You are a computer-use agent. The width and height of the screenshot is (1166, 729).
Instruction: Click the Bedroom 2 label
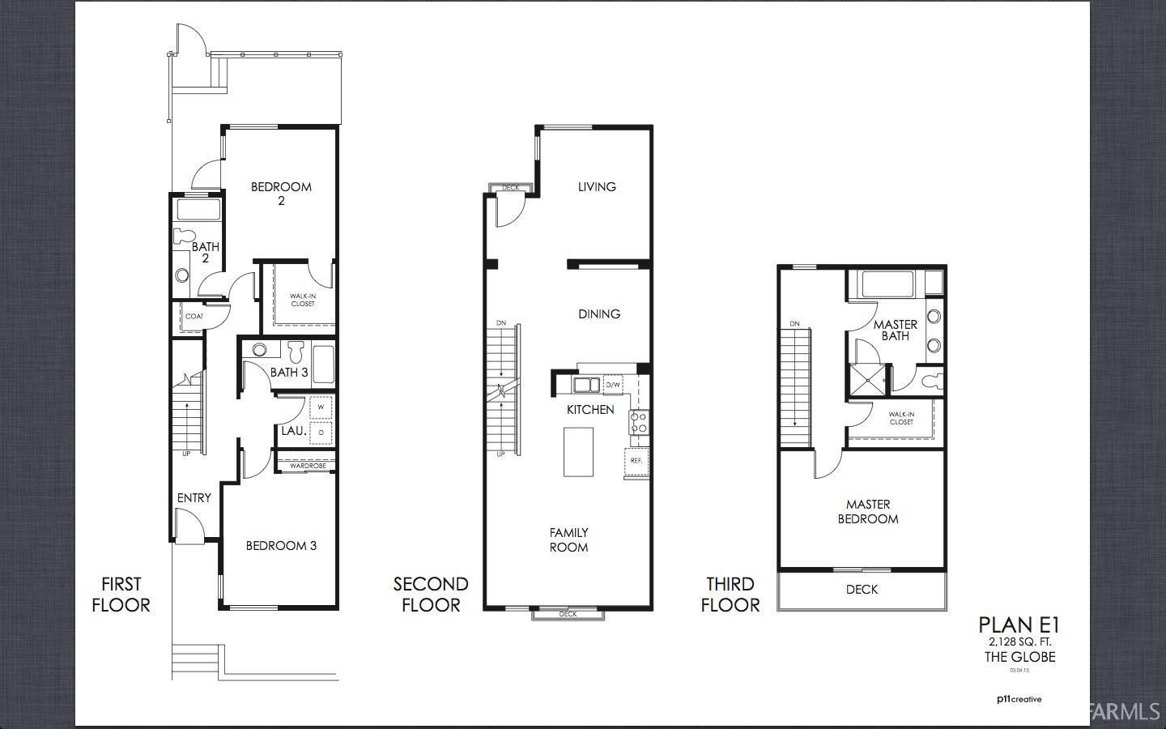click(x=281, y=193)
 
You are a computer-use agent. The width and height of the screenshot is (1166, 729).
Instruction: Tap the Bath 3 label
click(x=289, y=373)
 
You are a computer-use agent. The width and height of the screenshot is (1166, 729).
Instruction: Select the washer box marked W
click(x=321, y=407)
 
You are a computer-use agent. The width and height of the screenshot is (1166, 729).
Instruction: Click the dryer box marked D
click(x=321, y=433)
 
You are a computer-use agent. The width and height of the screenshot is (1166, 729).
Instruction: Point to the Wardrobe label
click(x=308, y=466)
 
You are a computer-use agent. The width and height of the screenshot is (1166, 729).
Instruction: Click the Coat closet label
click(x=194, y=317)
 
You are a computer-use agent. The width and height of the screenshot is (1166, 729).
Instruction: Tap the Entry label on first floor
click(x=194, y=498)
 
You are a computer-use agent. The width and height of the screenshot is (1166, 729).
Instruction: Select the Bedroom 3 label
click(x=281, y=546)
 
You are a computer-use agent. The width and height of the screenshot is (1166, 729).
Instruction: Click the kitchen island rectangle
click(x=578, y=451)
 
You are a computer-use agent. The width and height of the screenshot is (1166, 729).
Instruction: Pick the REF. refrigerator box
click(x=636, y=460)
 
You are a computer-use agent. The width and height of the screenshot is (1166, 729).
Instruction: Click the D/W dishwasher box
click(x=613, y=385)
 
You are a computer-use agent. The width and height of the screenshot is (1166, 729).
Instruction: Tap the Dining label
click(x=599, y=314)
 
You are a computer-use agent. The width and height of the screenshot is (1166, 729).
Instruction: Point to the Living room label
click(x=597, y=187)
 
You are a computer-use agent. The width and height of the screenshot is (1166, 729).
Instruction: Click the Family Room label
click(x=568, y=539)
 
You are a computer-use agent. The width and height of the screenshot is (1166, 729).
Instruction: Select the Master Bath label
click(x=896, y=330)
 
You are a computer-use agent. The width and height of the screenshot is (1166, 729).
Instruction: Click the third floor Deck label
click(x=862, y=590)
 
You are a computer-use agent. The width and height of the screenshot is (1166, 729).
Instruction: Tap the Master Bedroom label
click(x=868, y=511)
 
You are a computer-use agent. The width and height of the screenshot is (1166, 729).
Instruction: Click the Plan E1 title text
click(x=1019, y=625)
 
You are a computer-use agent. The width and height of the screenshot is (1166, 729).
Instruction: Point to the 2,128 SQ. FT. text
click(x=1019, y=642)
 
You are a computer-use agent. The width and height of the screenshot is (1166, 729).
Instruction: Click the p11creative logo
click(x=1019, y=699)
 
